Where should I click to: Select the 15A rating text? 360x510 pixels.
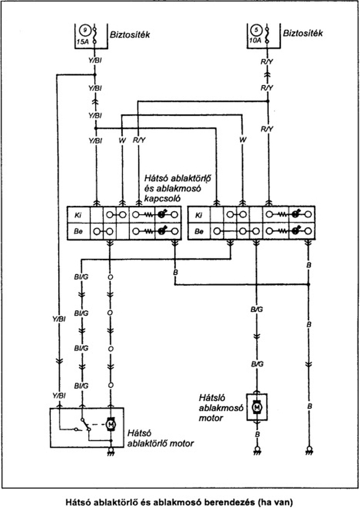click(x=84, y=41)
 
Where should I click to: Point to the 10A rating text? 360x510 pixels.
click(x=256, y=41)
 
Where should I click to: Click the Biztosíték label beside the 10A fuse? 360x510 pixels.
click(x=303, y=34)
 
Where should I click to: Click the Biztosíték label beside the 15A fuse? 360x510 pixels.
click(x=130, y=35)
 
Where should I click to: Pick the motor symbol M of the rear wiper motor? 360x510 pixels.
click(x=111, y=423)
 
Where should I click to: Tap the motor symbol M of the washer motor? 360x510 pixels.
click(x=257, y=407)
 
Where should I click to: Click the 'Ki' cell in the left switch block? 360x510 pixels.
click(x=79, y=216)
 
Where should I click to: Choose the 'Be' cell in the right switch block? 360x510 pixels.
click(x=199, y=232)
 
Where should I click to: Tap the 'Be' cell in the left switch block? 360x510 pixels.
click(x=79, y=232)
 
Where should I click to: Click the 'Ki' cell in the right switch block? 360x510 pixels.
click(x=199, y=216)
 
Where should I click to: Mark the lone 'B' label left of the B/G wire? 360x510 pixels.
click(x=175, y=273)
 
